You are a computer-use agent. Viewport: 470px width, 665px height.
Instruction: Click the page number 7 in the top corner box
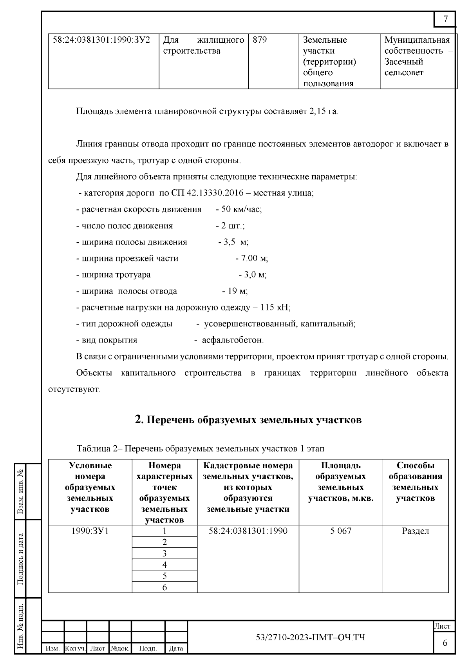click(445, 19)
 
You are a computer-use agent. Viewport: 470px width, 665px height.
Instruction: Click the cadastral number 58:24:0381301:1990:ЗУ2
click(101, 40)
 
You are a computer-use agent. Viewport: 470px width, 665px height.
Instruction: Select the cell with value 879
click(260, 40)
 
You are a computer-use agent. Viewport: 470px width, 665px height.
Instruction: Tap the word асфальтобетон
click(233, 340)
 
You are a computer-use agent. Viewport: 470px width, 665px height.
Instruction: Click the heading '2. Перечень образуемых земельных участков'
click(248, 420)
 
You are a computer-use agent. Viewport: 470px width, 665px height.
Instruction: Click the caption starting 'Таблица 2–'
click(201, 448)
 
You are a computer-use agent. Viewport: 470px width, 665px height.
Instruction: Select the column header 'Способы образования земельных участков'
click(415, 482)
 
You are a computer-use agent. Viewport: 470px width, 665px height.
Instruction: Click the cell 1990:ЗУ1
click(90, 531)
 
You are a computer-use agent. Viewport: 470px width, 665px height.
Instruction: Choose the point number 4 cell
click(164, 565)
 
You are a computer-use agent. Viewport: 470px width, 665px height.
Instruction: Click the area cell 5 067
click(341, 531)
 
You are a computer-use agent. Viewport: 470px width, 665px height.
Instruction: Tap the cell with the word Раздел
click(415, 531)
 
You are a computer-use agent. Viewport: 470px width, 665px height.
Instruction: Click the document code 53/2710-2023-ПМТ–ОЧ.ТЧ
click(310, 638)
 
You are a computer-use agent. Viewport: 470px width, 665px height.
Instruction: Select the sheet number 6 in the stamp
click(445, 643)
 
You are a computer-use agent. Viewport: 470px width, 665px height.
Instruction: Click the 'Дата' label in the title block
click(176, 649)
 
